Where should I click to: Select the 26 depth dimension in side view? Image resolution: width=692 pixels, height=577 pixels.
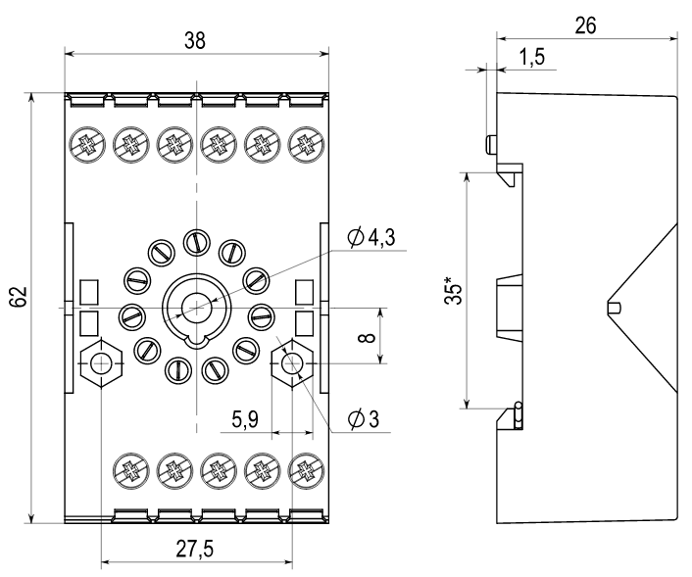coord(586,24)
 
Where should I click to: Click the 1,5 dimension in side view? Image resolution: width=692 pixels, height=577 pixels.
coord(530,57)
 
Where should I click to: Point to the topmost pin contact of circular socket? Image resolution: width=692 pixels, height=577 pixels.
coord(196,240)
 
